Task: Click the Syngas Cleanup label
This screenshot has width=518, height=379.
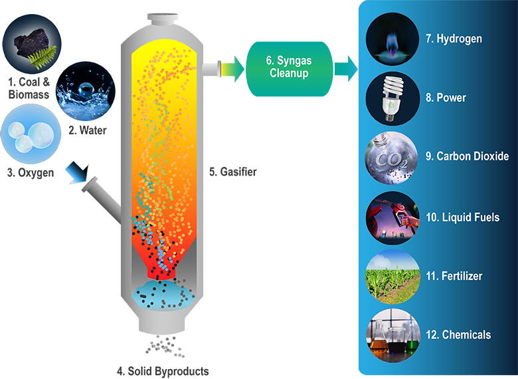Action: click(x=289, y=67)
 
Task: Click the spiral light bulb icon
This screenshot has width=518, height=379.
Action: click(x=393, y=98)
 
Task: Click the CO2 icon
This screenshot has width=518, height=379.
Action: click(x=393, y=157)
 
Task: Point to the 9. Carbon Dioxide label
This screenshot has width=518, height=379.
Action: click(x=468, y=157)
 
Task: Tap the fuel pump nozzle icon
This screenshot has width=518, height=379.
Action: click(x=393, y=216)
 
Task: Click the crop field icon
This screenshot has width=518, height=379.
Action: click(x=393, y=275)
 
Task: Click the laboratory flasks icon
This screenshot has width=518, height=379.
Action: click(x=393, y=334)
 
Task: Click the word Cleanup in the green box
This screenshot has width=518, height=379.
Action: click(x=289, y=73)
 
